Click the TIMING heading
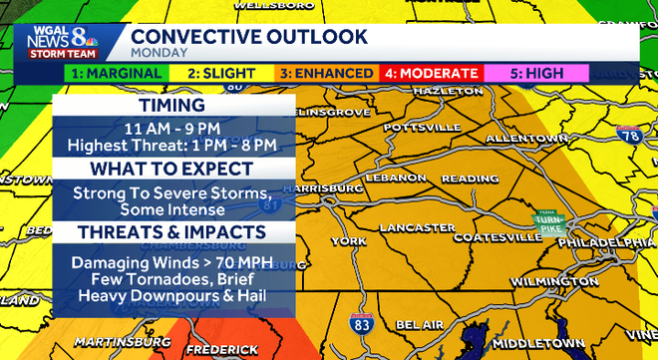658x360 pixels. [173, 106]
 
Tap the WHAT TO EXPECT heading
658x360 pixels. [173, 169]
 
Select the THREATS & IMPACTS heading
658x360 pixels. [173, 231]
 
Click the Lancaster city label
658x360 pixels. [418, 227]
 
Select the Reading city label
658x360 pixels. [471, 179]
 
